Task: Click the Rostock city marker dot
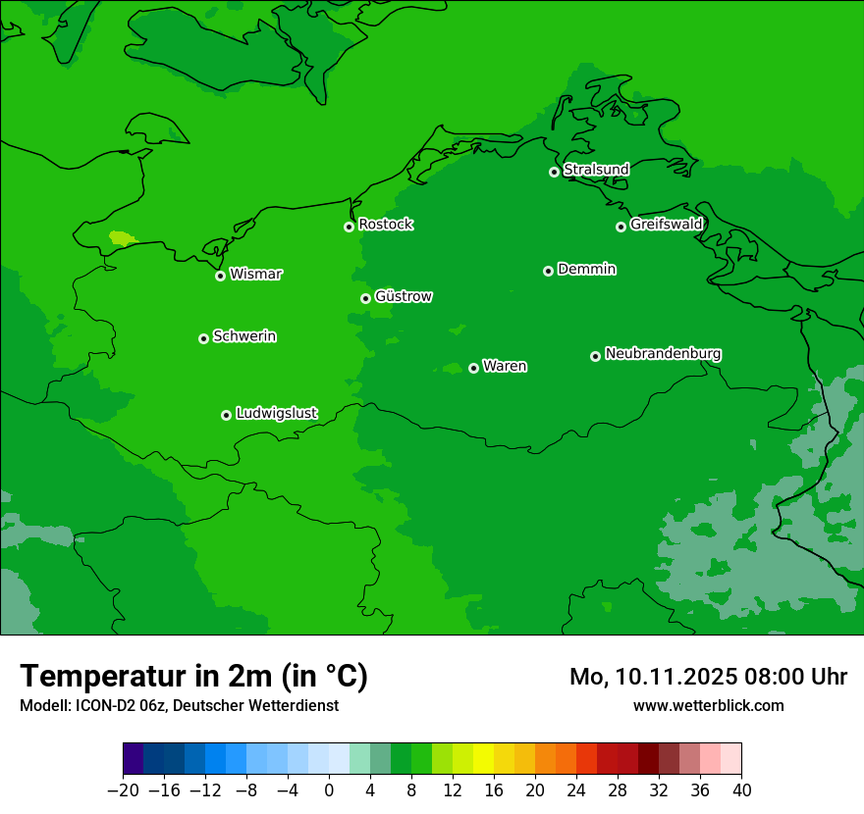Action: pos(349,227)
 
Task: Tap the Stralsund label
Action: pos(596,170)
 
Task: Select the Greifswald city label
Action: pos(667,225)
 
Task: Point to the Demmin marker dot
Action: pos(548,271)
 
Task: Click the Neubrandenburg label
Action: pos(663,354)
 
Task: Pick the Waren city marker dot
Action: pos(473,368)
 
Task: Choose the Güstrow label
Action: pos(404,297)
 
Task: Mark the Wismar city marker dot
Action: pos(220,276)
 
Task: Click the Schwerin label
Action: pos(244,336)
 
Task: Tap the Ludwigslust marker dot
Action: pos(226,415)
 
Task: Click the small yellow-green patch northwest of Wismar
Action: pos(123,237)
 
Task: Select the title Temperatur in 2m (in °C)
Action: pos(193,676)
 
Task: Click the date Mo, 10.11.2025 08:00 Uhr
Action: pos(708,677)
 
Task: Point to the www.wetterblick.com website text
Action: pos(708,705)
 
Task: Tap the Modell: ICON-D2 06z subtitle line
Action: pos(179,705)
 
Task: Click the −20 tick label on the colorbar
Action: pos(123,790)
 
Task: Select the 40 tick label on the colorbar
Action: pos(741,790)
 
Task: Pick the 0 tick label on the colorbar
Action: pos(329,790)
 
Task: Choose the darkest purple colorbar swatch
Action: pos(134,759)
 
